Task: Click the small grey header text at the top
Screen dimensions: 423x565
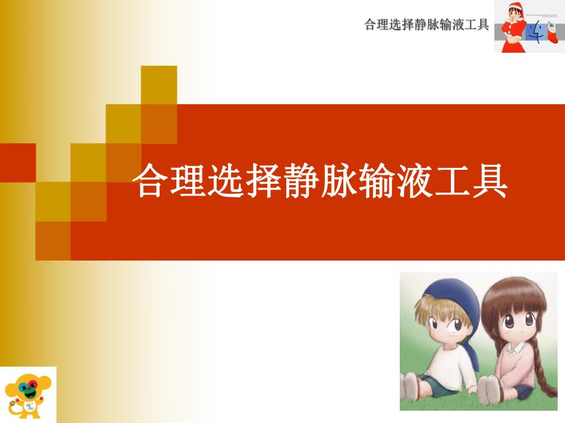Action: (x=426, y=25)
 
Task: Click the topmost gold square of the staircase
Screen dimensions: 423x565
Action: (x=159, y=84)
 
